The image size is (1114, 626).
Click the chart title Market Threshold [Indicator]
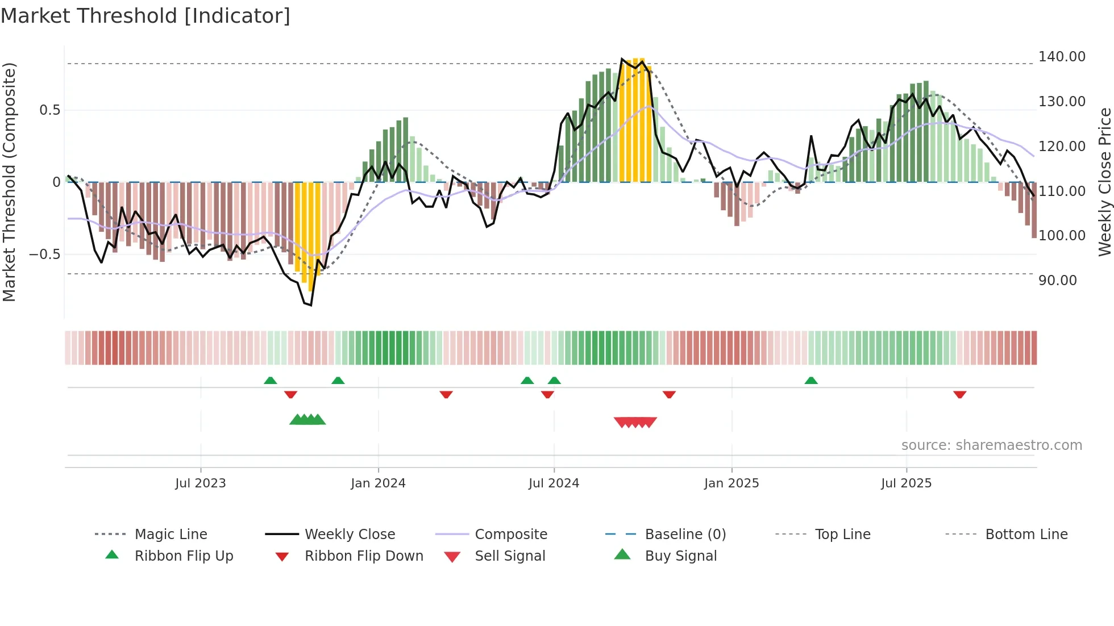point(146,16)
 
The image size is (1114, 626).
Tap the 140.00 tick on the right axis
point(1061,57)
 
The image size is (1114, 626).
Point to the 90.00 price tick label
point(1057,281)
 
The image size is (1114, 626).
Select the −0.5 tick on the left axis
point(45,254)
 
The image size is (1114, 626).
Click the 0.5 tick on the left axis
point(49,110)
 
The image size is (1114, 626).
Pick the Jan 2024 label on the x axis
point(378,483)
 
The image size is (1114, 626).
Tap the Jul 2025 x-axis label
point(906,483)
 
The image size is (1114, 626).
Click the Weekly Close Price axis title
point(1104,182)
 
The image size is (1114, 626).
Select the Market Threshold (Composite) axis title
point(9,182)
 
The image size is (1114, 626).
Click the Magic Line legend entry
point(171,535)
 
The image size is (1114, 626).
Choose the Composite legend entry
point(510,535)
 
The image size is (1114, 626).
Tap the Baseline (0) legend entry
point(685,535)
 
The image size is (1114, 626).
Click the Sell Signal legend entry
point(509,556)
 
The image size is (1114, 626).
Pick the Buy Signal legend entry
point(680,556)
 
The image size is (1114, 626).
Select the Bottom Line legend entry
point(1026,535)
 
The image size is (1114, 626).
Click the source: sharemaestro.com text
point(991,445)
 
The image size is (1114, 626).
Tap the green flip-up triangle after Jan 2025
point(811,381)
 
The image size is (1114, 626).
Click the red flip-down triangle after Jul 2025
point(959,394)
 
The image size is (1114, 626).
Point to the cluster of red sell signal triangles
point(635,422)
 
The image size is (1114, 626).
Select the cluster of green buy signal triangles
point(307,420)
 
